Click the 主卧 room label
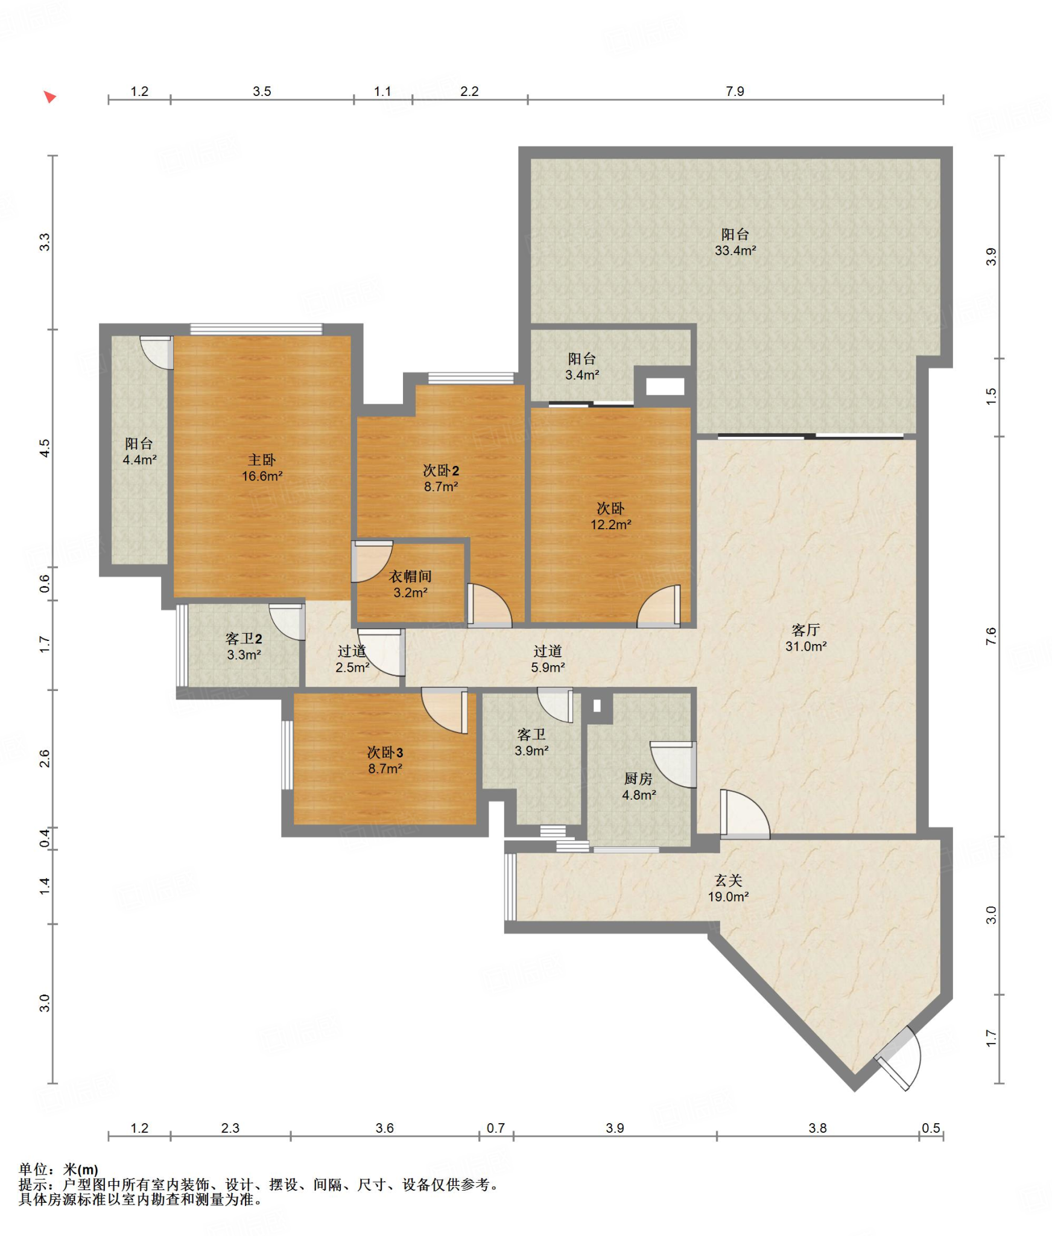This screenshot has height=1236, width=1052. tap(262, 460)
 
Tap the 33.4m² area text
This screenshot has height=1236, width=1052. tap(735, 250)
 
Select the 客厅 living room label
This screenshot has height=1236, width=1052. tap(806, 630)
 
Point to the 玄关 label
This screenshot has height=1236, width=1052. tap(728, 881)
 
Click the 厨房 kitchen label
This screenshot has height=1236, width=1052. tap(638, 779)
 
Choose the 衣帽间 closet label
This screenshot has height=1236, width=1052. tap(410, 576)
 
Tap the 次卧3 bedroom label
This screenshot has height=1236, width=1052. tap(385, 753)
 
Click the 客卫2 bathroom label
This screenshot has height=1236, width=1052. tap(244, 639)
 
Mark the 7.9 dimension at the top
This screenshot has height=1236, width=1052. tap(735, 91)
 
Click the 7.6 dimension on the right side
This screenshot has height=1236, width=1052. tap(991, 636)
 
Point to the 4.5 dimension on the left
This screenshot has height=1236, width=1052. tap(45, 448)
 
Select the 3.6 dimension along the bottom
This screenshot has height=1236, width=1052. tap(384, 1128)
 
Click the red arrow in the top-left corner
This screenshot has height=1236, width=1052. tap(50, 97)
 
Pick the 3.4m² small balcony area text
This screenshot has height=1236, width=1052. tap(582, 375)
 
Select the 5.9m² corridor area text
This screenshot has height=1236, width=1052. tap(548, 667)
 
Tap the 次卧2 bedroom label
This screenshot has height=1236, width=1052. tap(441, 470)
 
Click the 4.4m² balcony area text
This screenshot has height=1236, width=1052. tap(139, 460)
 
